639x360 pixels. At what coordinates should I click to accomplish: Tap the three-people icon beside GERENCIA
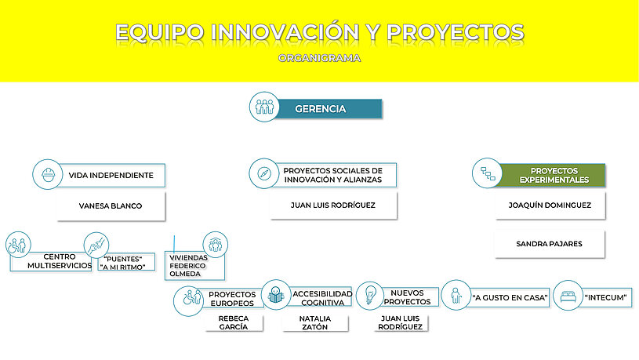coord(264,107)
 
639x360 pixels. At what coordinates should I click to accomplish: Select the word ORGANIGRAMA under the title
coord(320,58)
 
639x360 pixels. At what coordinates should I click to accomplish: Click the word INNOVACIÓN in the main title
coord(285,32)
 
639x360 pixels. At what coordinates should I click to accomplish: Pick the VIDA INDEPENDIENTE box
coord(110,176)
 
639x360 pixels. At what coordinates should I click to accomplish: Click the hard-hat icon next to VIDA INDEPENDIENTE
coord(48,174)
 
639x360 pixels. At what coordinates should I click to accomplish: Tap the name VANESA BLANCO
coord(111,206)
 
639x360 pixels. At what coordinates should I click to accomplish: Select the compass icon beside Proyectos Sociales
coord(264,173)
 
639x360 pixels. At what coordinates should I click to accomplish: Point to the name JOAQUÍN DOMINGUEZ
coord(550,205)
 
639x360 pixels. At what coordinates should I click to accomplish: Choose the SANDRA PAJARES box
coord(550,244)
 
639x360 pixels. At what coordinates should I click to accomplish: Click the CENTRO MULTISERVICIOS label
coord(60,261)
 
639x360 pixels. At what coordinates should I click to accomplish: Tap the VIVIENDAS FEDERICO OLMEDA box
coord(194,266)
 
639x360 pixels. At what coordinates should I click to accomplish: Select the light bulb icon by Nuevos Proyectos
coord(370,296)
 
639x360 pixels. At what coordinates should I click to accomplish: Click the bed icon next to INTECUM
coord(568,296)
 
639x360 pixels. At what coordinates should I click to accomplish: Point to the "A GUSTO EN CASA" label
coord(510,297)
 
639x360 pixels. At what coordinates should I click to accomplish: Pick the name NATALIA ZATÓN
coord(315,322)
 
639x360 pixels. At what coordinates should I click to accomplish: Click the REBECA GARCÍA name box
coord(234,322)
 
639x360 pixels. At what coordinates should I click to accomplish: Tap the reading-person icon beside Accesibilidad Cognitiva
coord(276,295)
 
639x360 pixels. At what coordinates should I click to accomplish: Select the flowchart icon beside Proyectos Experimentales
coord(488,173)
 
